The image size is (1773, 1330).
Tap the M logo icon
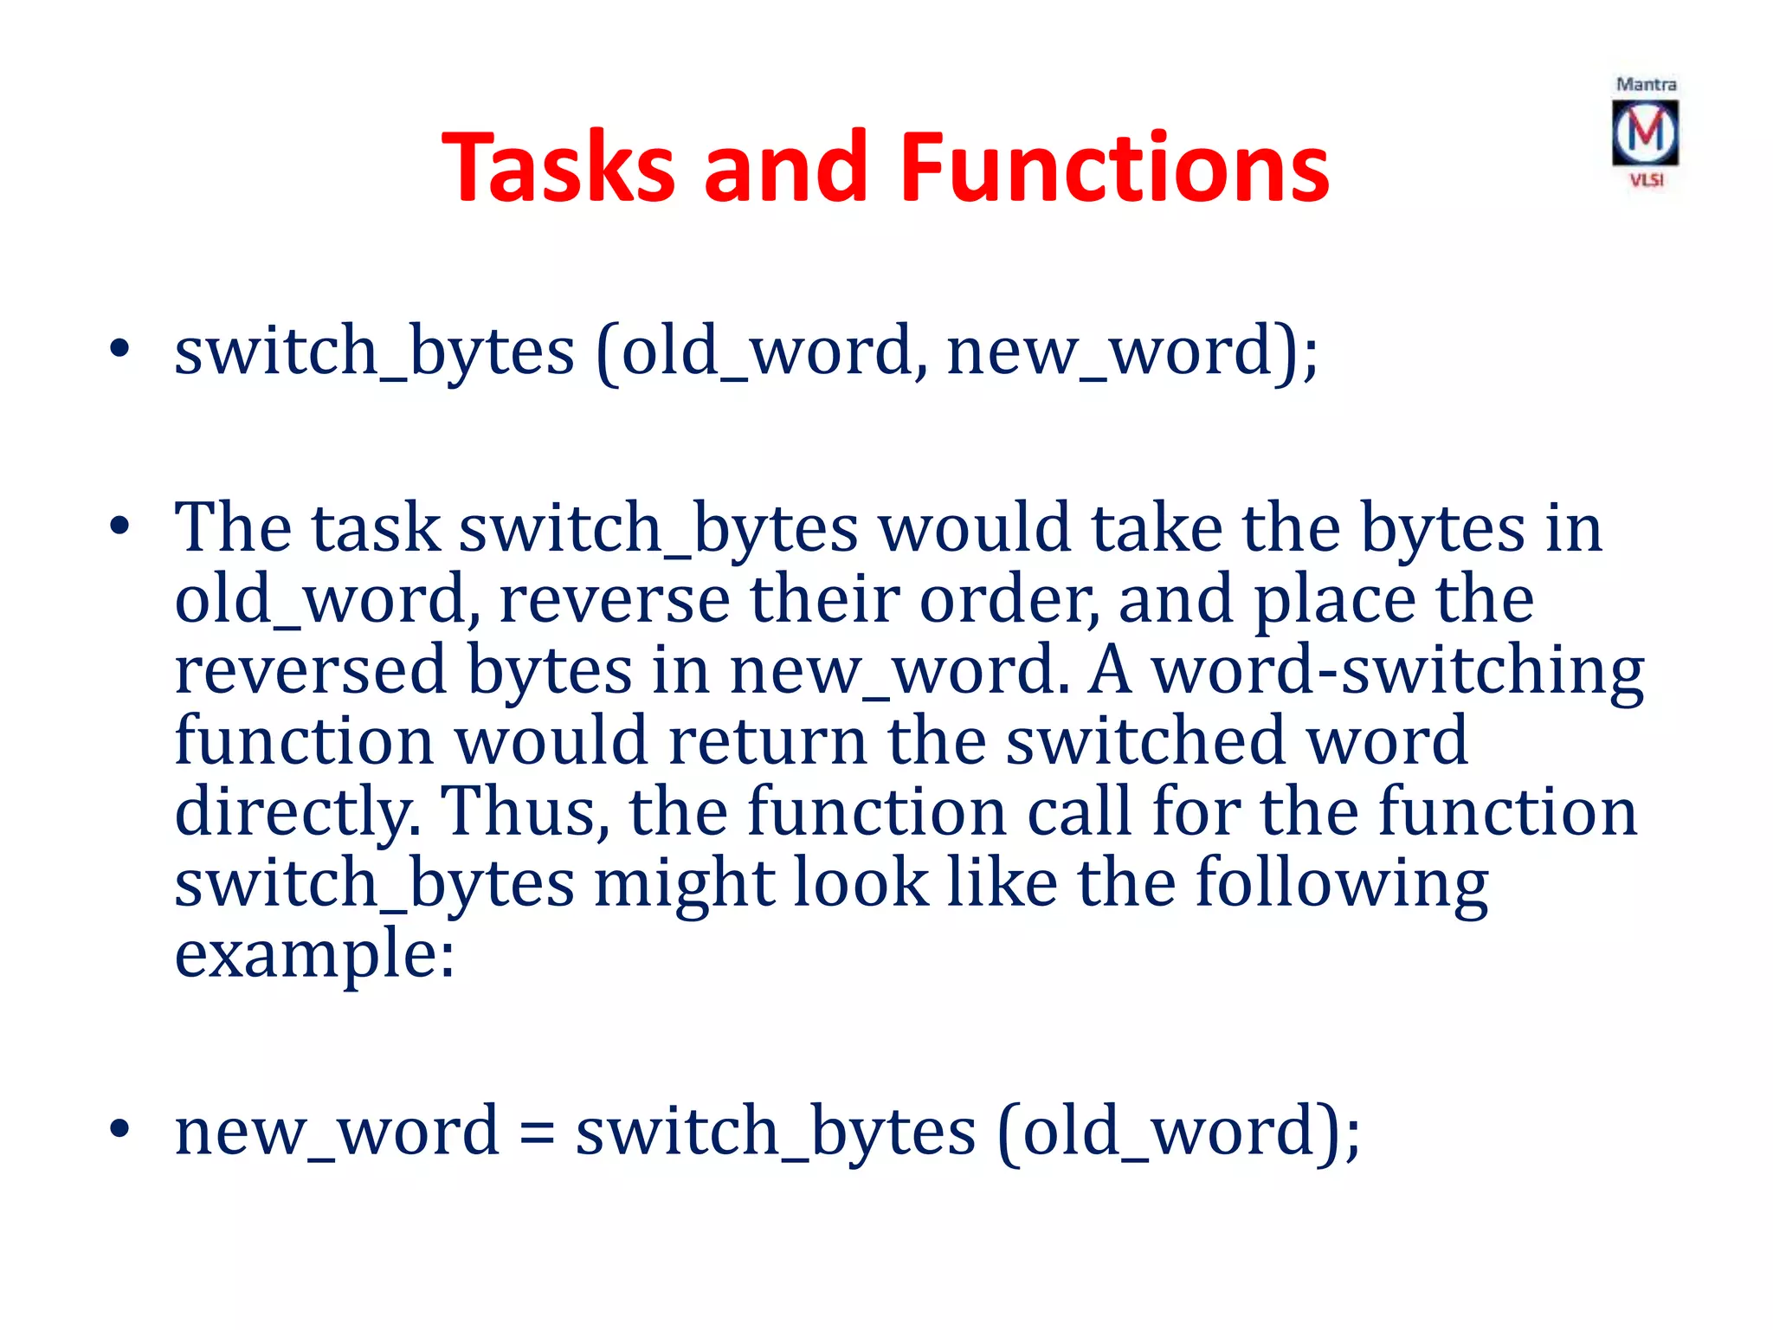pos(1645,132)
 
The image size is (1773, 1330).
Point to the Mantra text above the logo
pos(1646,85)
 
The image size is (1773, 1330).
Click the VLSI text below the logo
pos(1647,180)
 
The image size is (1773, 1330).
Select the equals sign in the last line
pos(537,1133)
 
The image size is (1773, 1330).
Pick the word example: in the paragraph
pos(314,955)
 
